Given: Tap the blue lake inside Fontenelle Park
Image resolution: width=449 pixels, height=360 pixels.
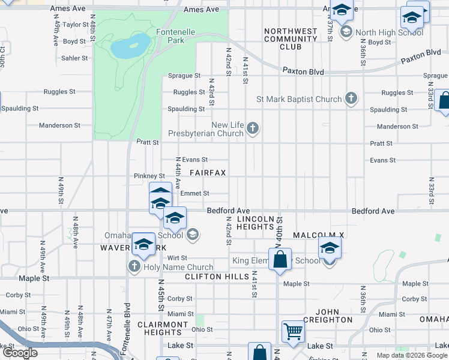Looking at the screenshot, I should click(130, 46).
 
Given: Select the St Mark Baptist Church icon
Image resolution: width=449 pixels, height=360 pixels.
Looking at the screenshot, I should click(352, 99).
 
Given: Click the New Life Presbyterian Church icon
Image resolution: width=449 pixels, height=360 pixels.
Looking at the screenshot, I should click(253, 128).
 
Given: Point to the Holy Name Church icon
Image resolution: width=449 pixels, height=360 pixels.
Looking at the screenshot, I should click(133, 266).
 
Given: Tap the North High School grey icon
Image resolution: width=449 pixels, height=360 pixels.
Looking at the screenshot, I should click(346, 32).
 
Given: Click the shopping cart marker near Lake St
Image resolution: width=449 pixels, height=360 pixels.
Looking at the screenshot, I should click(293, 330).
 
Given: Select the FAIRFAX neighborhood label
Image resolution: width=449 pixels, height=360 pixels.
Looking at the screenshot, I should click(208, 173).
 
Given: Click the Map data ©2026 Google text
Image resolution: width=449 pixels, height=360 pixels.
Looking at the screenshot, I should click(411, 355).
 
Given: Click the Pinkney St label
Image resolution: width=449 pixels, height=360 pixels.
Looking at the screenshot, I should click(149, 176).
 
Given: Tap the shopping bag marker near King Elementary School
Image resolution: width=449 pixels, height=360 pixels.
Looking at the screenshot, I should click(280, 260).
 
